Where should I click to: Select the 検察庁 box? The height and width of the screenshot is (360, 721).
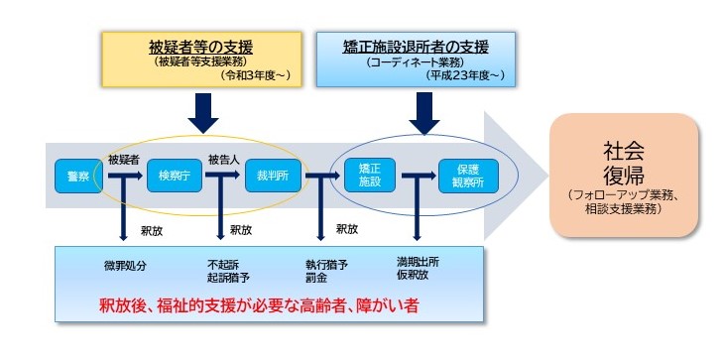[x=174, y=176]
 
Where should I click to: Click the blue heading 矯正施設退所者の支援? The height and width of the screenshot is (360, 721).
[x=418, y=46]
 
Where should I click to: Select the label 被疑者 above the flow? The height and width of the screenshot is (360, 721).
[x=124, y=158]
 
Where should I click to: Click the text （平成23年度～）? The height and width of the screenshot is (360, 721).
[x=465, y=74]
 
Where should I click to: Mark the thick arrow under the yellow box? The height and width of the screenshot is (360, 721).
[x=203, y=111]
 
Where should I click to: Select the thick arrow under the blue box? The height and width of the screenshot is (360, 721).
[x=423, y=111]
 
